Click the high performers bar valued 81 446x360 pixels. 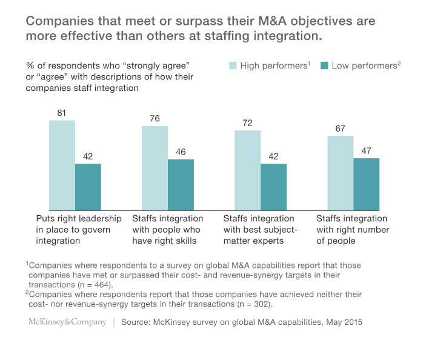(62, 165)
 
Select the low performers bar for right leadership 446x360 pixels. (88, 187)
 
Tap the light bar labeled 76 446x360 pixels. (155, 168)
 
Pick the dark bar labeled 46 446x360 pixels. (181, 185)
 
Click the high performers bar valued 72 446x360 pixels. (247, 170)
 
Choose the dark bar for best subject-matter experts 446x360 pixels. (273, 187)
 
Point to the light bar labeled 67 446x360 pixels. (340, 173)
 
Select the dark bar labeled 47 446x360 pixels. (366, 184)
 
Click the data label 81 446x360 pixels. (62, 113)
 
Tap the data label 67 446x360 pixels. (340, 128)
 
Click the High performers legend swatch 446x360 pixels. (231, 65)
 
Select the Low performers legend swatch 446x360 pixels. (323, 65)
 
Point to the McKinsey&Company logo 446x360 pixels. (67, 322)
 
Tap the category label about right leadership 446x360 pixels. (79, 229)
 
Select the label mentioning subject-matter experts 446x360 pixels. (259, 229)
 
